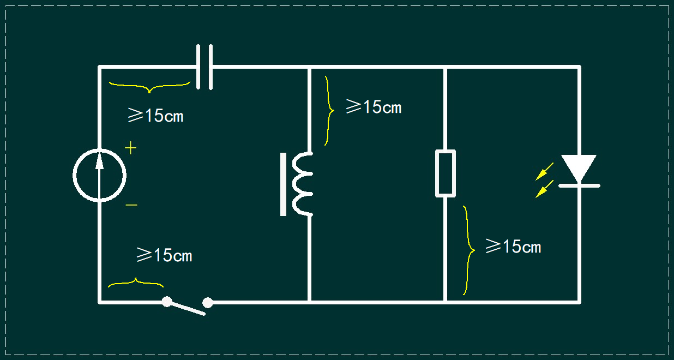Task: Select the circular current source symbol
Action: click(74, 175)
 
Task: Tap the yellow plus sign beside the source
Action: click(130, 148)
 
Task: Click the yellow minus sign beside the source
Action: click(131, 205)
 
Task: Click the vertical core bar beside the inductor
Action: click(283, 184)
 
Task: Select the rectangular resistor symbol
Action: click(436, 173)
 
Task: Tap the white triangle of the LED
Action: click(579, 167)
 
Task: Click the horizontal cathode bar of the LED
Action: click(579, 185)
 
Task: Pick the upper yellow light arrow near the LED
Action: click(544, 172)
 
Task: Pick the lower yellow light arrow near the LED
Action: click(544, 189)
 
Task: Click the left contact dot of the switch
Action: click(167, 302)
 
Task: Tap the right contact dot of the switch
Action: click(208, 303)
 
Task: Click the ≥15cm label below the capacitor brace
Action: click(155, 115)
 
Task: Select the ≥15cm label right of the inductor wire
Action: click(374, 106)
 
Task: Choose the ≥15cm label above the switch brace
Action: click(164, 255)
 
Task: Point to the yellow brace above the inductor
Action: click(330, 111)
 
